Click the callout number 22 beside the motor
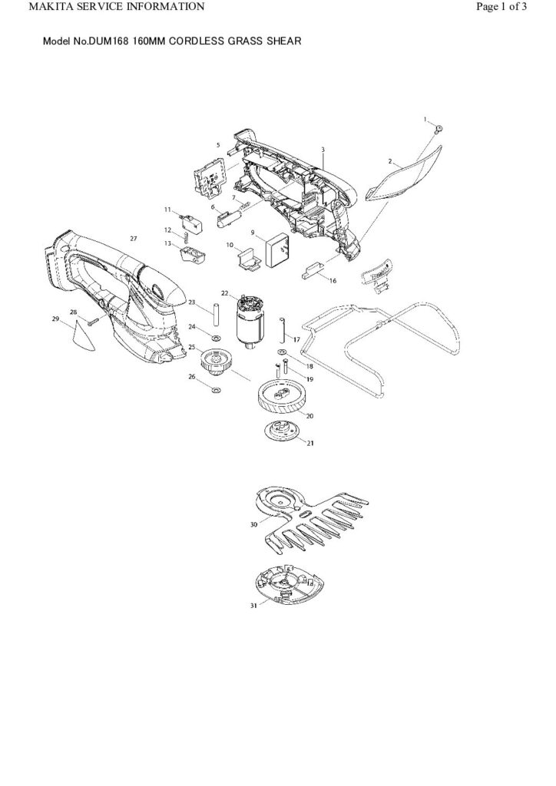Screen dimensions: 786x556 point(225,293)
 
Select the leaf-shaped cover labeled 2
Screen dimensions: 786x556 point(404,176)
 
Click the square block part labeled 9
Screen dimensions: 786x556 point(276,249)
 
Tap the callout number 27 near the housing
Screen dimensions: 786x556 point(133,239)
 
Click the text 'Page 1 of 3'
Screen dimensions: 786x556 point(501,7)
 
